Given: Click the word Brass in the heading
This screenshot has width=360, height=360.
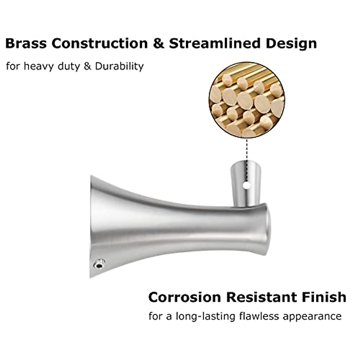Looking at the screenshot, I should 26,43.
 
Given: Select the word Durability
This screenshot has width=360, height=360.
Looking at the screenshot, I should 119,66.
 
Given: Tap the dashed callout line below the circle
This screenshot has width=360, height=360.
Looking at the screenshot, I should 247,150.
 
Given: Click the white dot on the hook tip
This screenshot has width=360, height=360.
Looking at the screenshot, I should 247,185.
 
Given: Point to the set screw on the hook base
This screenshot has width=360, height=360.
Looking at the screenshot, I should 98,264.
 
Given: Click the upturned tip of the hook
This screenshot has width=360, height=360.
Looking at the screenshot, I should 246,180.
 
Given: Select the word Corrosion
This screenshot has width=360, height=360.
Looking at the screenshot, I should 184,297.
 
